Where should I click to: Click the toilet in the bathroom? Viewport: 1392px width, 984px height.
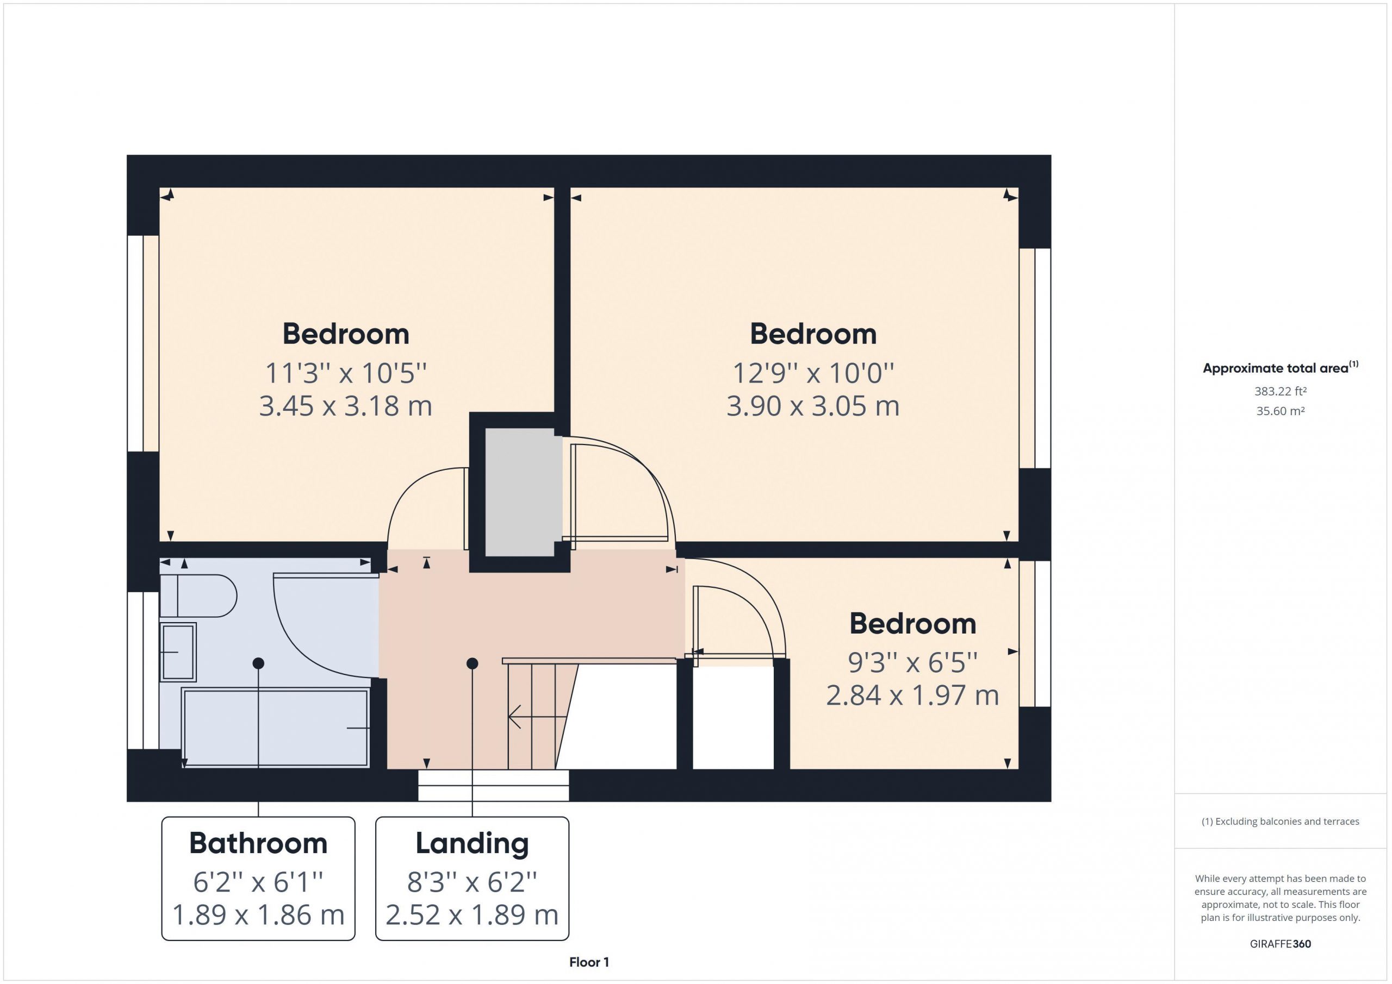point(198,596)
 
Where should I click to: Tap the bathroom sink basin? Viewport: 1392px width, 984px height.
point(178,652)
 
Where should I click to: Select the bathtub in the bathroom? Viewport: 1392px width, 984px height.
point(276,728)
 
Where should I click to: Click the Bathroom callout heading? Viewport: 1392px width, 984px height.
point(258,843)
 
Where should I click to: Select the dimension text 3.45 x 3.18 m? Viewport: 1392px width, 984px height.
point(346,406)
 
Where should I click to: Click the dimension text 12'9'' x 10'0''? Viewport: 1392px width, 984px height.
point(813,373)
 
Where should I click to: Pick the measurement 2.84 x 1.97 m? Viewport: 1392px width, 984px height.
point(912,695)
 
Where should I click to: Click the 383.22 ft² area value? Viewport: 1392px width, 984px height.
point(1281,391)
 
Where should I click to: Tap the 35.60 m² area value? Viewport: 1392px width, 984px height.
point(1281,411)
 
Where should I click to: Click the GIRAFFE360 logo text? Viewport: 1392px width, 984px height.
point(1281,943)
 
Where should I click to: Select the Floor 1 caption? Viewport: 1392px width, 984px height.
point(589,962)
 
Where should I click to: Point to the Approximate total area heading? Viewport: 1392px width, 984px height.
point(1281,367)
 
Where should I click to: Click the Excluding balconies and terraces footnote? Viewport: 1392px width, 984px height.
point(1281,821)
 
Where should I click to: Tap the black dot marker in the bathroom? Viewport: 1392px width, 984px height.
point(258,663)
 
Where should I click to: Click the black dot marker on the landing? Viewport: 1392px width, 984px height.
point(473,663)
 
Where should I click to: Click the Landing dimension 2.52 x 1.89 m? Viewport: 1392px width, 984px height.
point(473,915)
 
